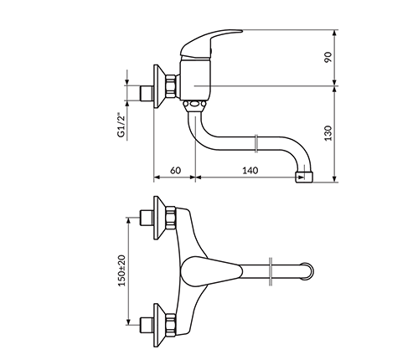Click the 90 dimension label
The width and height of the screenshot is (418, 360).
tap(328, 57)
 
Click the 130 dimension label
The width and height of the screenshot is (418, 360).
tap(328, 133)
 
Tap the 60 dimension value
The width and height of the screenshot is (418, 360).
tap(175, 170)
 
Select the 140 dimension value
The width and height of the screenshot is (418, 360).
tap(250, 170)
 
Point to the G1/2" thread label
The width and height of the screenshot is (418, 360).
tap(121, 125)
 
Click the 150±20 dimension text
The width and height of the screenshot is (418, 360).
tap(122, 270)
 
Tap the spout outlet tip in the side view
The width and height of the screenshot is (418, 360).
tap(304, 177)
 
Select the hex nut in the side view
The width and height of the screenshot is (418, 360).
tap(171, 86)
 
